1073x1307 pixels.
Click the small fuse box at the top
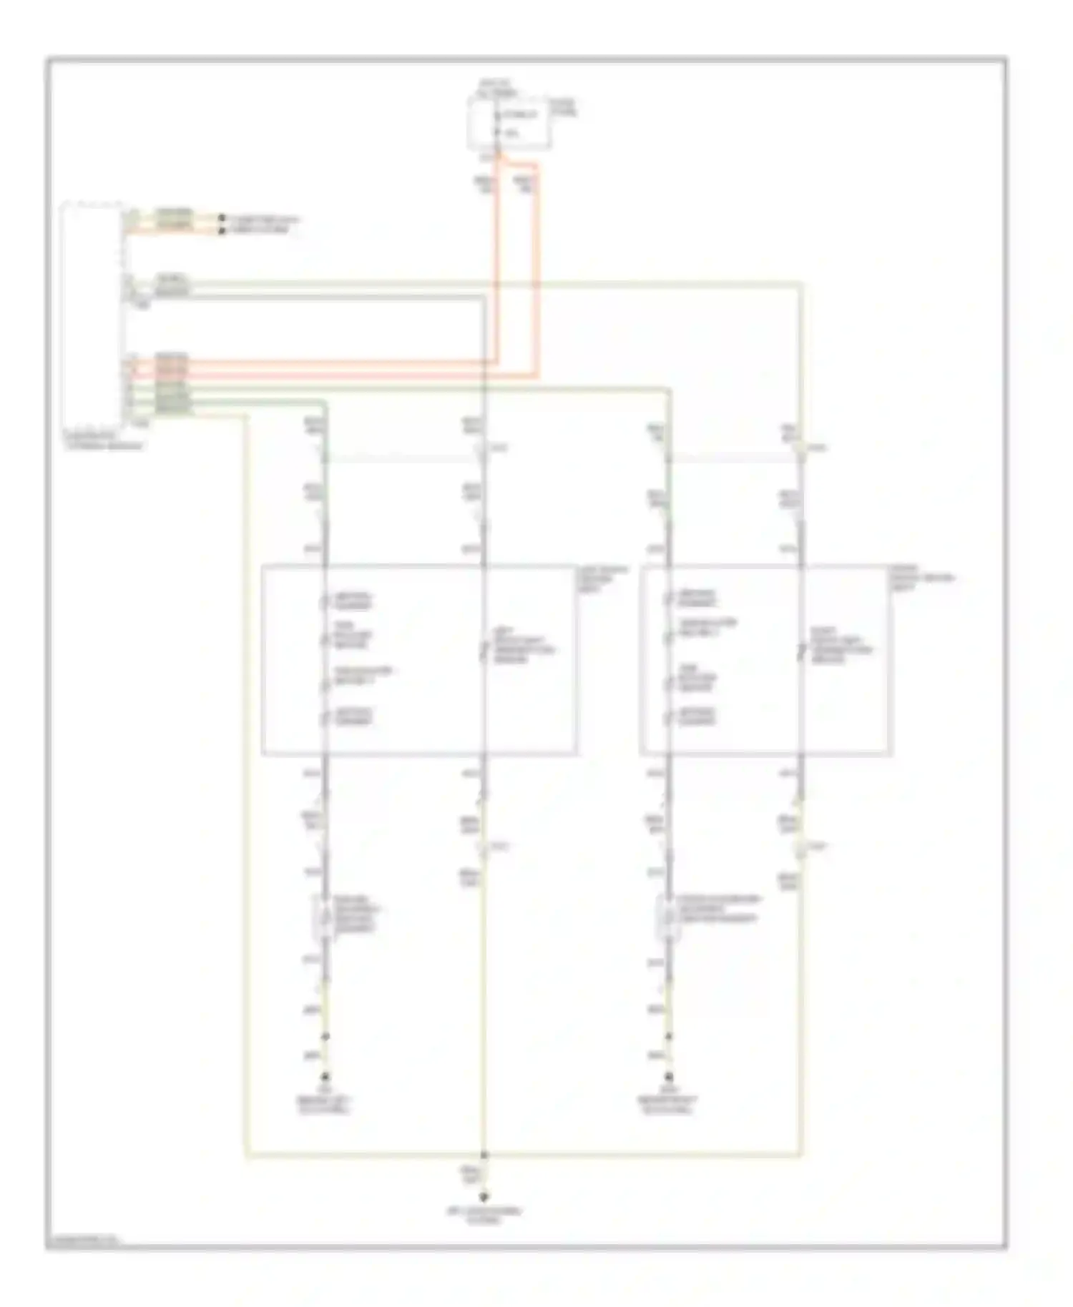tap(509, 124)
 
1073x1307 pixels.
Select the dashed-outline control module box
tap(93, 315)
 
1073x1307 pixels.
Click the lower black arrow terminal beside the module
tap(222, 230)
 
